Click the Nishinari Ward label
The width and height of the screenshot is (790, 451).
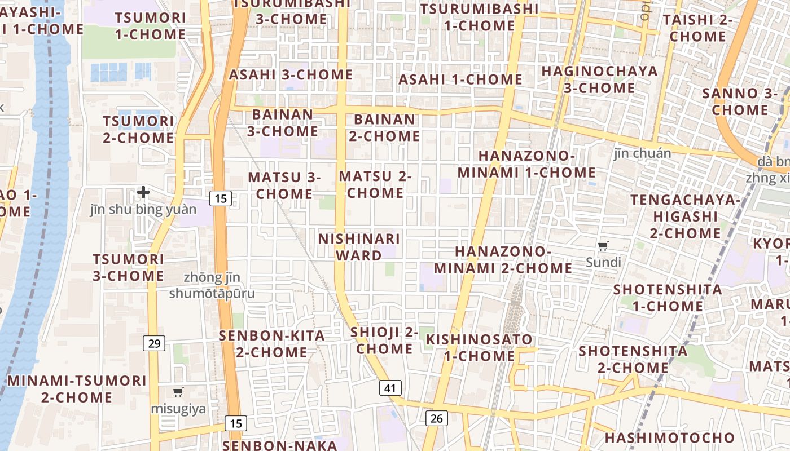pos(359,247)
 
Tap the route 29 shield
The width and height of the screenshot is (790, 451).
pos(153,342)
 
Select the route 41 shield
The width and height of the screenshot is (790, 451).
pos(390,388)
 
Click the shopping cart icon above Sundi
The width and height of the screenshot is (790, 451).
pos(603,246)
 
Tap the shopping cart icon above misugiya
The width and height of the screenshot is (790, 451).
pos(178,392)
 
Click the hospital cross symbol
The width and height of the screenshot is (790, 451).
pos(143,192)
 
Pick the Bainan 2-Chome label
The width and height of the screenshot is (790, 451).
pos(384,128)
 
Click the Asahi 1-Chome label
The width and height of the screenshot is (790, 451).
pos(460,79)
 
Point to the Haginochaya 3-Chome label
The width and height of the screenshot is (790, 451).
pos(599,79)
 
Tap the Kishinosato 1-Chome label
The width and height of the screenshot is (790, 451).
pos(479,348)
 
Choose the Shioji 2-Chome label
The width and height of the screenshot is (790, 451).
pos(384,341)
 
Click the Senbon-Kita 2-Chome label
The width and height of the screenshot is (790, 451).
pos(272,344)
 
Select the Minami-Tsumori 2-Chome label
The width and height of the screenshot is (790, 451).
pos(77,389)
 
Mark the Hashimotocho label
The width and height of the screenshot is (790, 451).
pos(669,438)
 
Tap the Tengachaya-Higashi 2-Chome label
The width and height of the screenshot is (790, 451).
pos(685,216)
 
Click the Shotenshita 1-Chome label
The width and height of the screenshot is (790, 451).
pos(668,298)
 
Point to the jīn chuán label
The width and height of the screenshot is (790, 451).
pos(642,153)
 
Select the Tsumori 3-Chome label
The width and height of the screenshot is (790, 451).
pos(128,268)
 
